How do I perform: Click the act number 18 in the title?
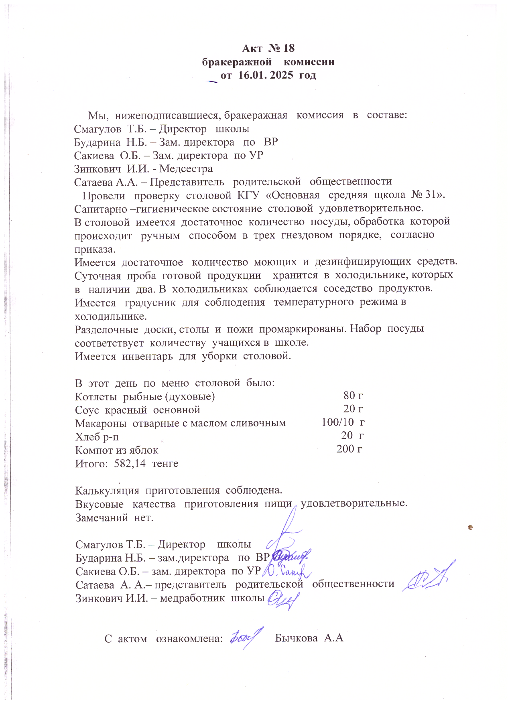click(289, 49)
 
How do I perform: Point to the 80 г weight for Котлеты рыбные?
click(353, 396)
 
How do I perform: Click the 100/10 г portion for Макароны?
click(343, 422)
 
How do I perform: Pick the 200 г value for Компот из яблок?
click(349, 449)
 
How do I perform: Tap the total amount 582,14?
click(130, 464)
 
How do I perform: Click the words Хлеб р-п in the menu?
click(97, 437)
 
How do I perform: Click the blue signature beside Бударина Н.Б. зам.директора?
click(290, 556)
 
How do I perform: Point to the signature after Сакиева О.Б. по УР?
click(287, 570)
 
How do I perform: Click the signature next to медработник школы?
click(283, 600)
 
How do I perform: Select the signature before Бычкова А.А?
click(246, 637)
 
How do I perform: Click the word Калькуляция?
click(107, 491)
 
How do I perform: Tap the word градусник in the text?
click(150, 302)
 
